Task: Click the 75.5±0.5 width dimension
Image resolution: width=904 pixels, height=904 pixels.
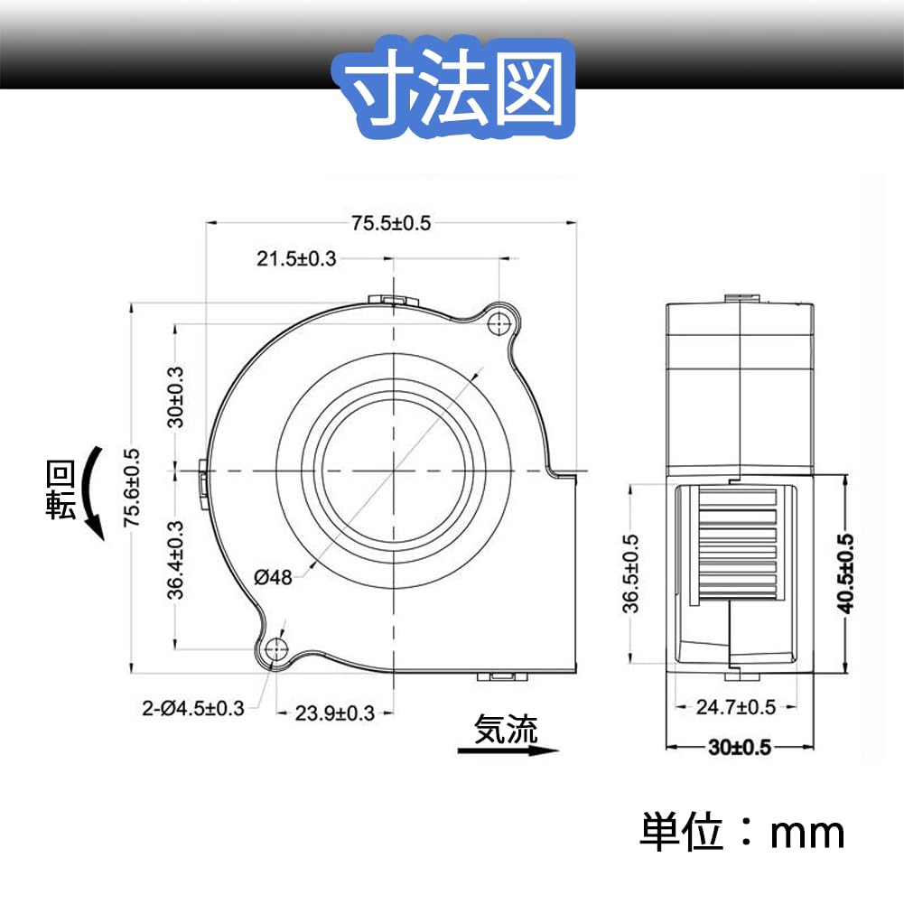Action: tap(391, 223)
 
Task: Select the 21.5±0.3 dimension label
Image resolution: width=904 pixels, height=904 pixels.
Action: tap(296, 259)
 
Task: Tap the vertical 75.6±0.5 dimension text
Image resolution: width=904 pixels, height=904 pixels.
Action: tap(132, 487)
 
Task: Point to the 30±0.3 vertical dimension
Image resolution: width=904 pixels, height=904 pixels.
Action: tap(177, 396)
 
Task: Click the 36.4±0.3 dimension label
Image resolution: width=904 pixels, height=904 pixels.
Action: tap(177, 560)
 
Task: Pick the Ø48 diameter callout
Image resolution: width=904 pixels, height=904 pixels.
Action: tap(274, 577)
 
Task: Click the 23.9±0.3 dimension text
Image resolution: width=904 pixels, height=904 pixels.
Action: tap(335, 713)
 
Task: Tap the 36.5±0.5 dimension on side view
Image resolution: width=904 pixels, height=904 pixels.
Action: tap(631, 574)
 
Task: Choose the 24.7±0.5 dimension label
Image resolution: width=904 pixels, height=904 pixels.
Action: tap(736, 707)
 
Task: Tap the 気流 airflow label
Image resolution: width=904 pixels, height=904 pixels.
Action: tap(506, 729)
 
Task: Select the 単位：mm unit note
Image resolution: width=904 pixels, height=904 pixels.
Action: tap(742, 831)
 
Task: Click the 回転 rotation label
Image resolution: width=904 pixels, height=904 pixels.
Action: tap(61, 489)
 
